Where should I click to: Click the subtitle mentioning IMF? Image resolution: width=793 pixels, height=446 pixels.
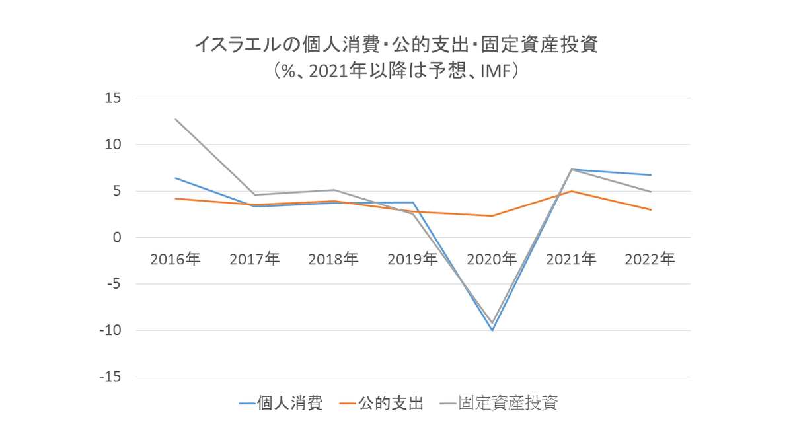396,71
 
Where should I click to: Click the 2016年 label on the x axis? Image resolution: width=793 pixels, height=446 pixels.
175,259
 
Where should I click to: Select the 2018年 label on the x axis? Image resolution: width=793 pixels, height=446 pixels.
333,259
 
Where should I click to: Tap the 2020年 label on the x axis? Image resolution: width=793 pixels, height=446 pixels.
492,259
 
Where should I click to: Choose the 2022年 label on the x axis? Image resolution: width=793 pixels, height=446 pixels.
650,259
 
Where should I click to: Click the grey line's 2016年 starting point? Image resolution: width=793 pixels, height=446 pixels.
175,119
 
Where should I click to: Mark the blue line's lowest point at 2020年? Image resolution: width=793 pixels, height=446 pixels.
492,330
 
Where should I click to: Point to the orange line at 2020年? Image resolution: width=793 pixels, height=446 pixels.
492,216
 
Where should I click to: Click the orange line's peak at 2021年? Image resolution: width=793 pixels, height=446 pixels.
571,191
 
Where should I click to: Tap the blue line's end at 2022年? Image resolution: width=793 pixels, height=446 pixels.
651,175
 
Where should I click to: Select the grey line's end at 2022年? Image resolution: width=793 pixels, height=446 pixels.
651,192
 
